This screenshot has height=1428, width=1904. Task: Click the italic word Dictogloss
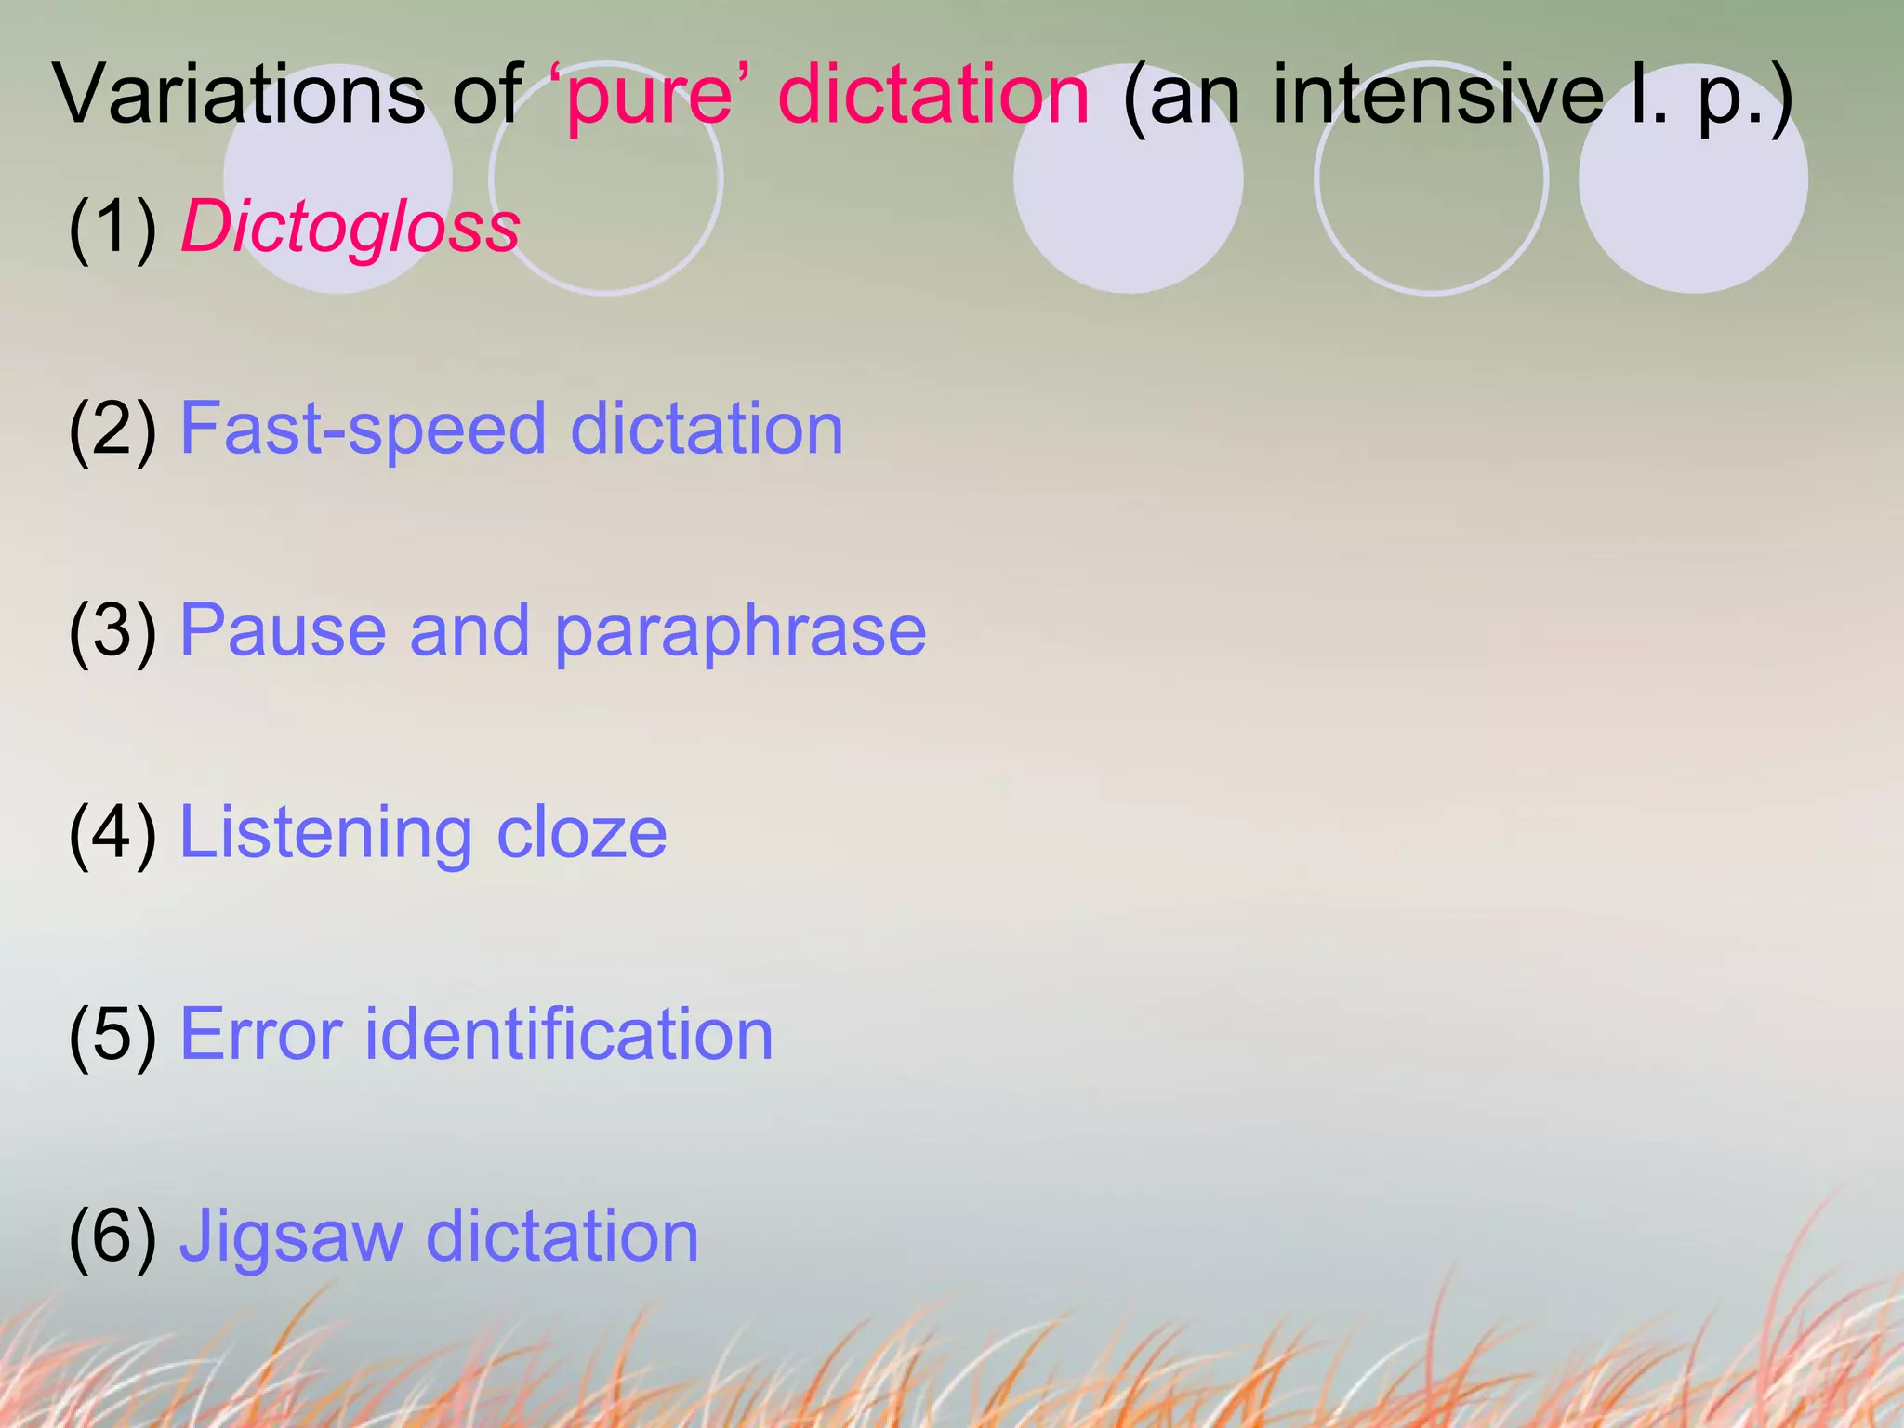click(350, 227)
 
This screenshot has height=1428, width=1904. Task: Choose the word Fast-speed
click(363, 430)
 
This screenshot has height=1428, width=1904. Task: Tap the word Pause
click(283, 629)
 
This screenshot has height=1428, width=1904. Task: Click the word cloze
click(582, 831)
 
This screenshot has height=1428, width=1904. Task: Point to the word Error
click(261, 1033)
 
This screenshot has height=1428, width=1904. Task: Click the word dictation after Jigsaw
click(562, 1236)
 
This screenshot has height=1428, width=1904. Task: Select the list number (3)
click(112, 630)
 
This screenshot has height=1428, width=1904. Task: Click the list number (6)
click(112, 1236)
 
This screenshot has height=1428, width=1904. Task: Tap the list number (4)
click(112, 832)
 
